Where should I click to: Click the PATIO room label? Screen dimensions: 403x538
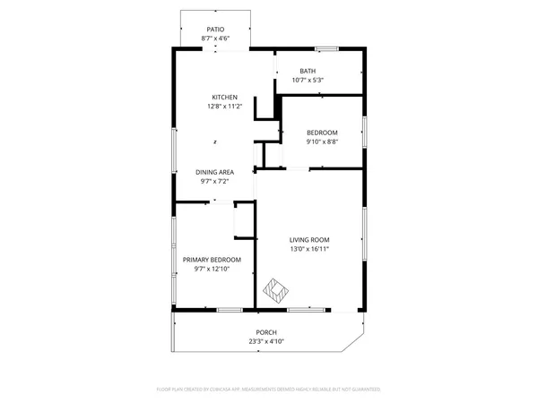[x=215, y=30]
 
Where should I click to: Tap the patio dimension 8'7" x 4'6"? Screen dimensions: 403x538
[x=215, y=39]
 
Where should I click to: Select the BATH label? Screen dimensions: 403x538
[x=308, y=72]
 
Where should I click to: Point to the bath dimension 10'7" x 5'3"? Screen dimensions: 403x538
[x=308, y=81]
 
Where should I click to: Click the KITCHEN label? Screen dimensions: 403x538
[x=224, y=98]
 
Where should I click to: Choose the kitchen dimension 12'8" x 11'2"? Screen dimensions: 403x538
[x=224, y=107]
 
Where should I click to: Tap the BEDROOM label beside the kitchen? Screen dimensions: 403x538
[x=322, y=132]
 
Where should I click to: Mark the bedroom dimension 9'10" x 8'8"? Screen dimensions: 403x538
[x=322, y=141]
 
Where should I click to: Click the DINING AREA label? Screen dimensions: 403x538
[x=215, y=172]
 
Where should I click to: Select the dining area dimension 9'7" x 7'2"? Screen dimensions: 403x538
[x=215, y=181]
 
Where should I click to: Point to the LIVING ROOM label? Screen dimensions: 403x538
[x=309, y=239]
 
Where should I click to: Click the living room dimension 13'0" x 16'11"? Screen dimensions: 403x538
[x=309, y=249]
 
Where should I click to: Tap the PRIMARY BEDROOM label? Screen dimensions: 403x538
[x=212, y=260]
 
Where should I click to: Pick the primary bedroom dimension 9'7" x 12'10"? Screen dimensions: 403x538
[x=212, y=269]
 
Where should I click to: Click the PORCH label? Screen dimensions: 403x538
[x=266, y=332]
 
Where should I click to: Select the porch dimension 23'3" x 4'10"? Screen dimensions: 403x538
[x=266, y=341]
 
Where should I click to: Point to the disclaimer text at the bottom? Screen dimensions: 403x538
[x=269, y=390]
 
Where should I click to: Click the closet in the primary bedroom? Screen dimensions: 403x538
[x=244, y=219]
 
